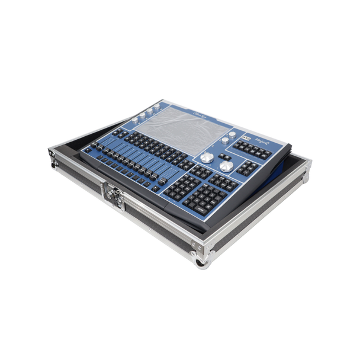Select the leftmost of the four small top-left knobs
135,120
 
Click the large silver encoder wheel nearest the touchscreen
207,157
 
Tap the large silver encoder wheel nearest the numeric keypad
226,166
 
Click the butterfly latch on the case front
112,196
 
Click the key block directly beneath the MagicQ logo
252,149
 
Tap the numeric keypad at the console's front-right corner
205,199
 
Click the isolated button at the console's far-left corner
88,150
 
